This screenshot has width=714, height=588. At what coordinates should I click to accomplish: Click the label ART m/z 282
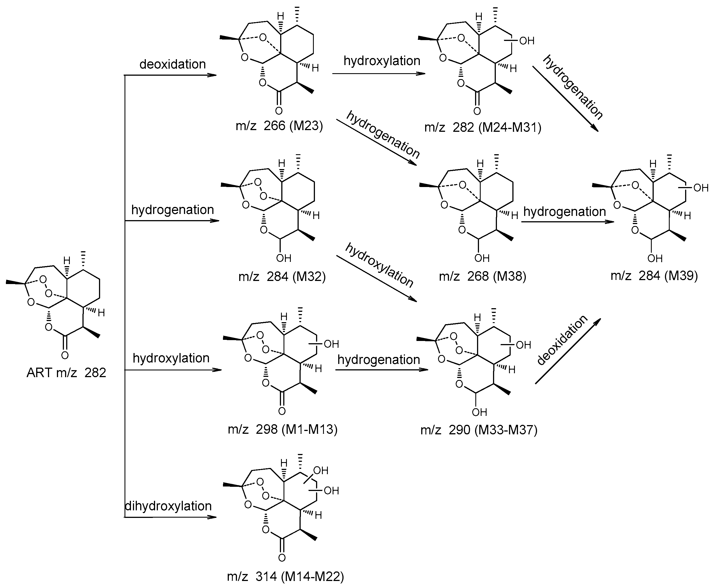(66, 373)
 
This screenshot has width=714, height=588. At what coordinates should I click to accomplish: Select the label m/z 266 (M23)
(279, 126)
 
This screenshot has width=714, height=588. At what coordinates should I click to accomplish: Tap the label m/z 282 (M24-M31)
(483, 127)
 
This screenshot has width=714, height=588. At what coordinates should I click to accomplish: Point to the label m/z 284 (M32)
(282, 276)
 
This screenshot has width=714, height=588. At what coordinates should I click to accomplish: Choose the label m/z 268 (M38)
(482, 276)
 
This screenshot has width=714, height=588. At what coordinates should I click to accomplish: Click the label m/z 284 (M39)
(654, 276)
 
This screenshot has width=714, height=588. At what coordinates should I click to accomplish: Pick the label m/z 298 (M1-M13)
(282, 430)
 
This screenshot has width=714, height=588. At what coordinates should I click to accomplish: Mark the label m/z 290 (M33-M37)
(479, 430)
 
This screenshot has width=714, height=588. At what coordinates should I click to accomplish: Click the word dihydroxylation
(168, 506)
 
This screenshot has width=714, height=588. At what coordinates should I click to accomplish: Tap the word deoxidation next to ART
(172, 64)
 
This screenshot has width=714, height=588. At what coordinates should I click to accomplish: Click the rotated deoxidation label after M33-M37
(562, 340)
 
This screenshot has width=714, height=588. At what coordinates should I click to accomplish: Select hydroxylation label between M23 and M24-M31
(382, 61)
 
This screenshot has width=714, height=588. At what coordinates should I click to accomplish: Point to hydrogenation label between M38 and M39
(564, 212)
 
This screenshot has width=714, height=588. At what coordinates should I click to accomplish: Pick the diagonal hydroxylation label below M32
(379, 265)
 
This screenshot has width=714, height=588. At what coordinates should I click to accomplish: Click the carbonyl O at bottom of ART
(65, 355)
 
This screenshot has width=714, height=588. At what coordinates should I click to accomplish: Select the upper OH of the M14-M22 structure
(321, 470)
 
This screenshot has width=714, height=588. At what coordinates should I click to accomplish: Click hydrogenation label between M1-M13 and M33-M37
(378, 359)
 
